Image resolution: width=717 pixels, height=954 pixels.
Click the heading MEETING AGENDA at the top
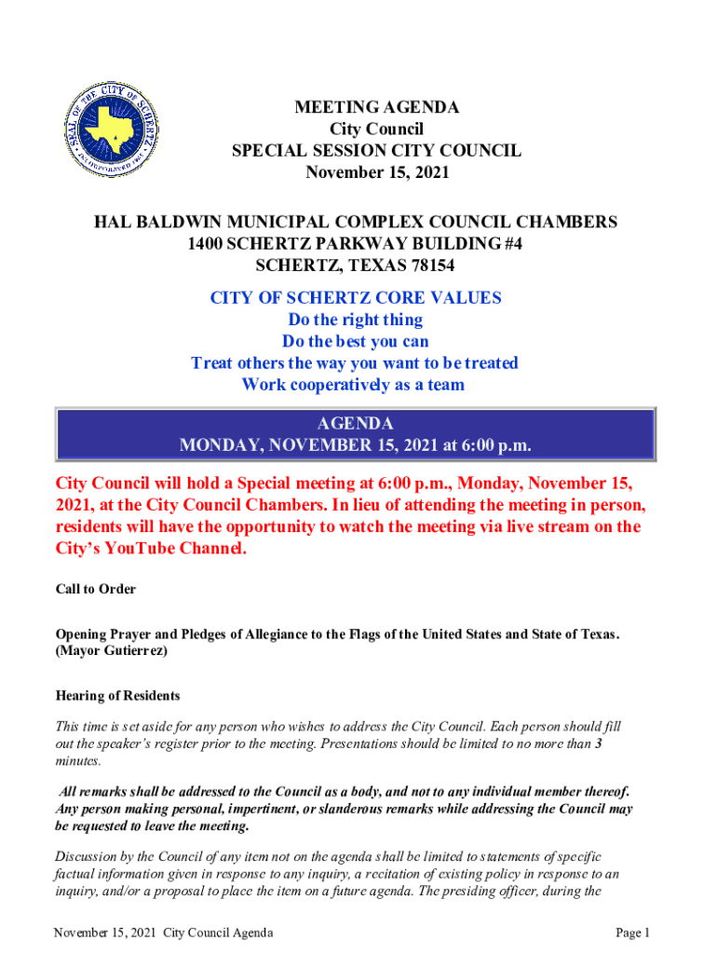tap(376, 108)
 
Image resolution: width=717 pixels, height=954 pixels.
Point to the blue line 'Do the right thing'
tap(355, 320)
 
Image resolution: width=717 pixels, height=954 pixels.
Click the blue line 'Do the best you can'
tap(355, 341)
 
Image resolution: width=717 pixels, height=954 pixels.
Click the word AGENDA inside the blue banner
tap(355, 423)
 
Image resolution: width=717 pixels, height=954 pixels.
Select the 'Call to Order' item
tap(96, 590)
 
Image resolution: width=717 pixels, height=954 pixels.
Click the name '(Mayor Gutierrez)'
tap(112, 652)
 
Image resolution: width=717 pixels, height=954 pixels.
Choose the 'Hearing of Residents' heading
tap(117, 696)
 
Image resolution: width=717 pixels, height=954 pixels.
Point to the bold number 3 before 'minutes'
tap(598, 743)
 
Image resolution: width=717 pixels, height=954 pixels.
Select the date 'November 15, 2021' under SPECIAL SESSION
tap(376, 172)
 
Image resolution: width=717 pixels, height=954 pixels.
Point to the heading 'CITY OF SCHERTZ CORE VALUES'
tap(355, 298)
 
